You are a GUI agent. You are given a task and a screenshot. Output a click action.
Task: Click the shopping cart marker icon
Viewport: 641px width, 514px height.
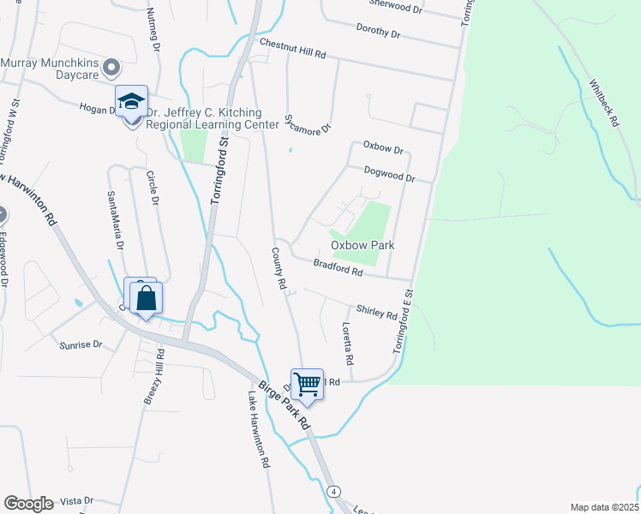coord(306,384)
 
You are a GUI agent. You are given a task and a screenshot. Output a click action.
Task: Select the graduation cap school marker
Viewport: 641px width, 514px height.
coord(131,103)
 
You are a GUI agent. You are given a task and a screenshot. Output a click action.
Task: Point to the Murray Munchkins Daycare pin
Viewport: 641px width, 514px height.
coord(111,67)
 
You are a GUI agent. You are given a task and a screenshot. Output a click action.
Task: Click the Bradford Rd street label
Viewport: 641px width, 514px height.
coord(338,268)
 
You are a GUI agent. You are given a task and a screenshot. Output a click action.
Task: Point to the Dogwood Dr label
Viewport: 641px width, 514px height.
coord(389,174)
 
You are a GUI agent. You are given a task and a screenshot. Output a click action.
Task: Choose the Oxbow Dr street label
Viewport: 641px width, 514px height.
coord(382,147)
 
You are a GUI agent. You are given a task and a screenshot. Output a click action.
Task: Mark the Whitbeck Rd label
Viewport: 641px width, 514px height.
coord(603,104)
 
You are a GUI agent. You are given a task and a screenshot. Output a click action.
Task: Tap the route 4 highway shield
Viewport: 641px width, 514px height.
coord(333,491)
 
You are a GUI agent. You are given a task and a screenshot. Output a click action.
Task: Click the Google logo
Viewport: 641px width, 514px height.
coord(28,504)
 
